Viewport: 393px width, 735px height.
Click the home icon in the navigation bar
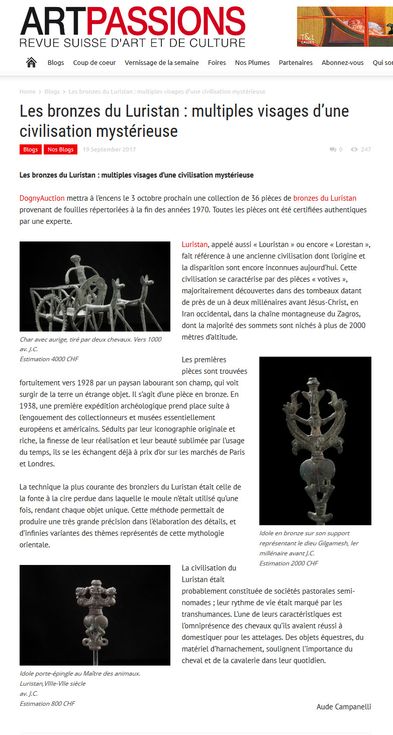pyautogui.click(x=31, y=62)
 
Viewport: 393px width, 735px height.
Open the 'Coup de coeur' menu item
pyautogui.click(x=94, y=63)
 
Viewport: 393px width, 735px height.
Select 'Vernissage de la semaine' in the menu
pyautogui.click(x=162, y=63)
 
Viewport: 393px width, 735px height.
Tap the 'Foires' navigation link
pyautogui.click(x=217, y=63)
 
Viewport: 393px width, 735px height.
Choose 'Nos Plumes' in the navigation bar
pyautogui.click(x=252, y=63)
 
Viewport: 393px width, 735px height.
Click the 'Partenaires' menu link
pyautogui.click(x=296, y=63)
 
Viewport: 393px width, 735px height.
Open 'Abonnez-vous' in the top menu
pyautogui.click(x=342, y=63)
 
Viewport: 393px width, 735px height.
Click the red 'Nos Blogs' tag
pyautogui.click(x=60, y=149)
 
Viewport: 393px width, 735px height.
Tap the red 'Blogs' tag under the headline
pyautogui.click(x=31, y=149)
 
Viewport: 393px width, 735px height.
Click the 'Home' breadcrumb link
pyautogui.click(x=27, y=92)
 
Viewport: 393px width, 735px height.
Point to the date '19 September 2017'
pyautogui.click(x=109, y=149)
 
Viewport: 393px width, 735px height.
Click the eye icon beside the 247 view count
pyautogui.click(x=354, y=149)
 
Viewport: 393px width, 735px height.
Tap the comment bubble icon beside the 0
pyautogui.click(x=333, y=149)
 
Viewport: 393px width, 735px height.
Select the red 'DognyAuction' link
pyautogui.click(x=42, y=198)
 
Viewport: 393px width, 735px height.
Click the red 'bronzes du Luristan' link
pyautogui.click(x=325, y=198)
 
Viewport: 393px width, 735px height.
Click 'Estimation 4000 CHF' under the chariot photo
pyautogui.click(x=49, y=359)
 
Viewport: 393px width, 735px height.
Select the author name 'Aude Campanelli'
pyautogui.click(x=344, y=707)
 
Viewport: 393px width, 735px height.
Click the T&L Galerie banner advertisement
pyautogui.click(x=345, y=27)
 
